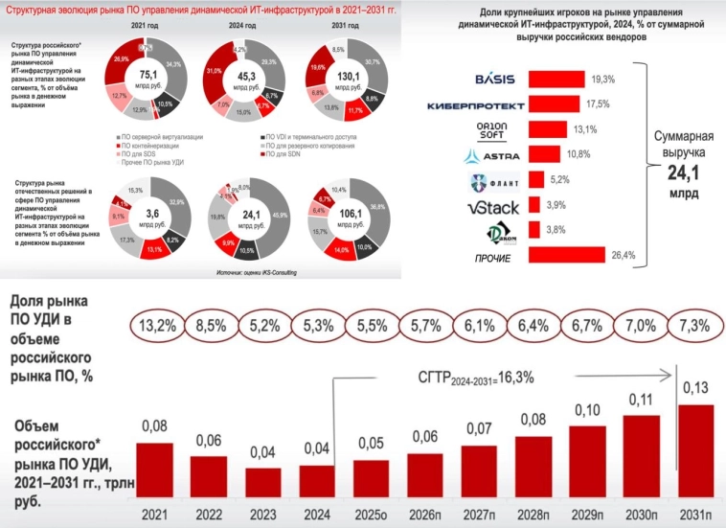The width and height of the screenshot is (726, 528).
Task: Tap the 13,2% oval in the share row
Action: (159, 324)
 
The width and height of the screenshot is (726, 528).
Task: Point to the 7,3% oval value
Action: (693, 324)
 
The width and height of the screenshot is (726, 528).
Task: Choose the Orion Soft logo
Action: (496, 129)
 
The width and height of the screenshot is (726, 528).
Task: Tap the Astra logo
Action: (492, 154)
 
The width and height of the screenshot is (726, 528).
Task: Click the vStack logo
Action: (495, 204)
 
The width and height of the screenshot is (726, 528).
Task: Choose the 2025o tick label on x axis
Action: (367, 515)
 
